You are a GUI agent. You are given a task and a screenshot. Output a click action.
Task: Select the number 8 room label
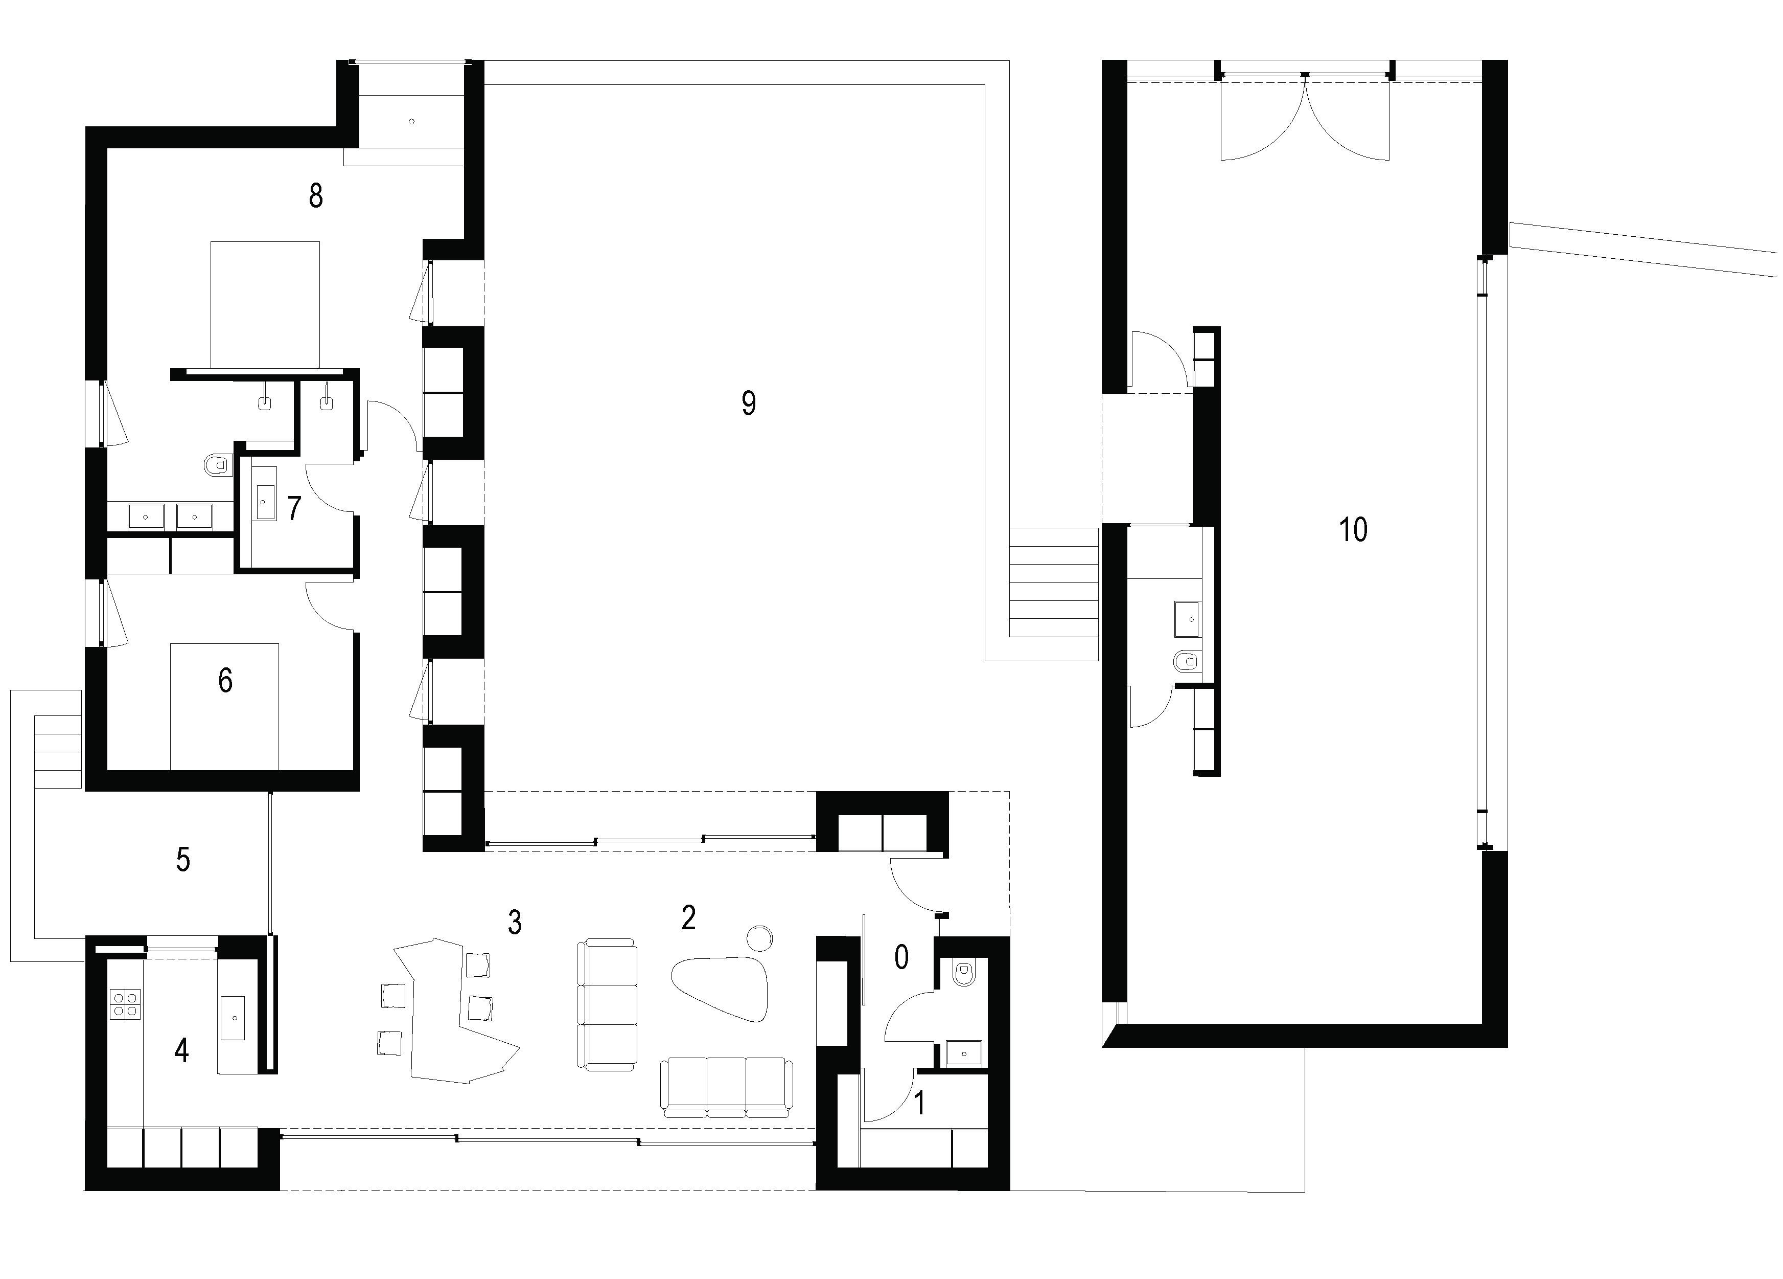click(x=315, y=195)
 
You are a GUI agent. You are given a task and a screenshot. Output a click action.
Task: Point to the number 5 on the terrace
click(x=182, y=860)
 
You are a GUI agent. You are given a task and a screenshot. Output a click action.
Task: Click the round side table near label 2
click(x=759, y=937)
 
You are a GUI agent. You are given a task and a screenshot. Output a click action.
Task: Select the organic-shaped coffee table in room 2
click(x=721, y=989)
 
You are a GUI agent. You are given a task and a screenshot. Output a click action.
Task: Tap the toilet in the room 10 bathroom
click(x=1186, y=659)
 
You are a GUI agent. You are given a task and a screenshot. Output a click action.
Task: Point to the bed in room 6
click(x=225, y=706)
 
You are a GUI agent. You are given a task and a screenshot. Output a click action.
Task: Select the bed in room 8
click(x=265, y=304)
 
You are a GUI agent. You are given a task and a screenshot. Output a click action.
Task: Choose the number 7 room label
click(x=294, y=508)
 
